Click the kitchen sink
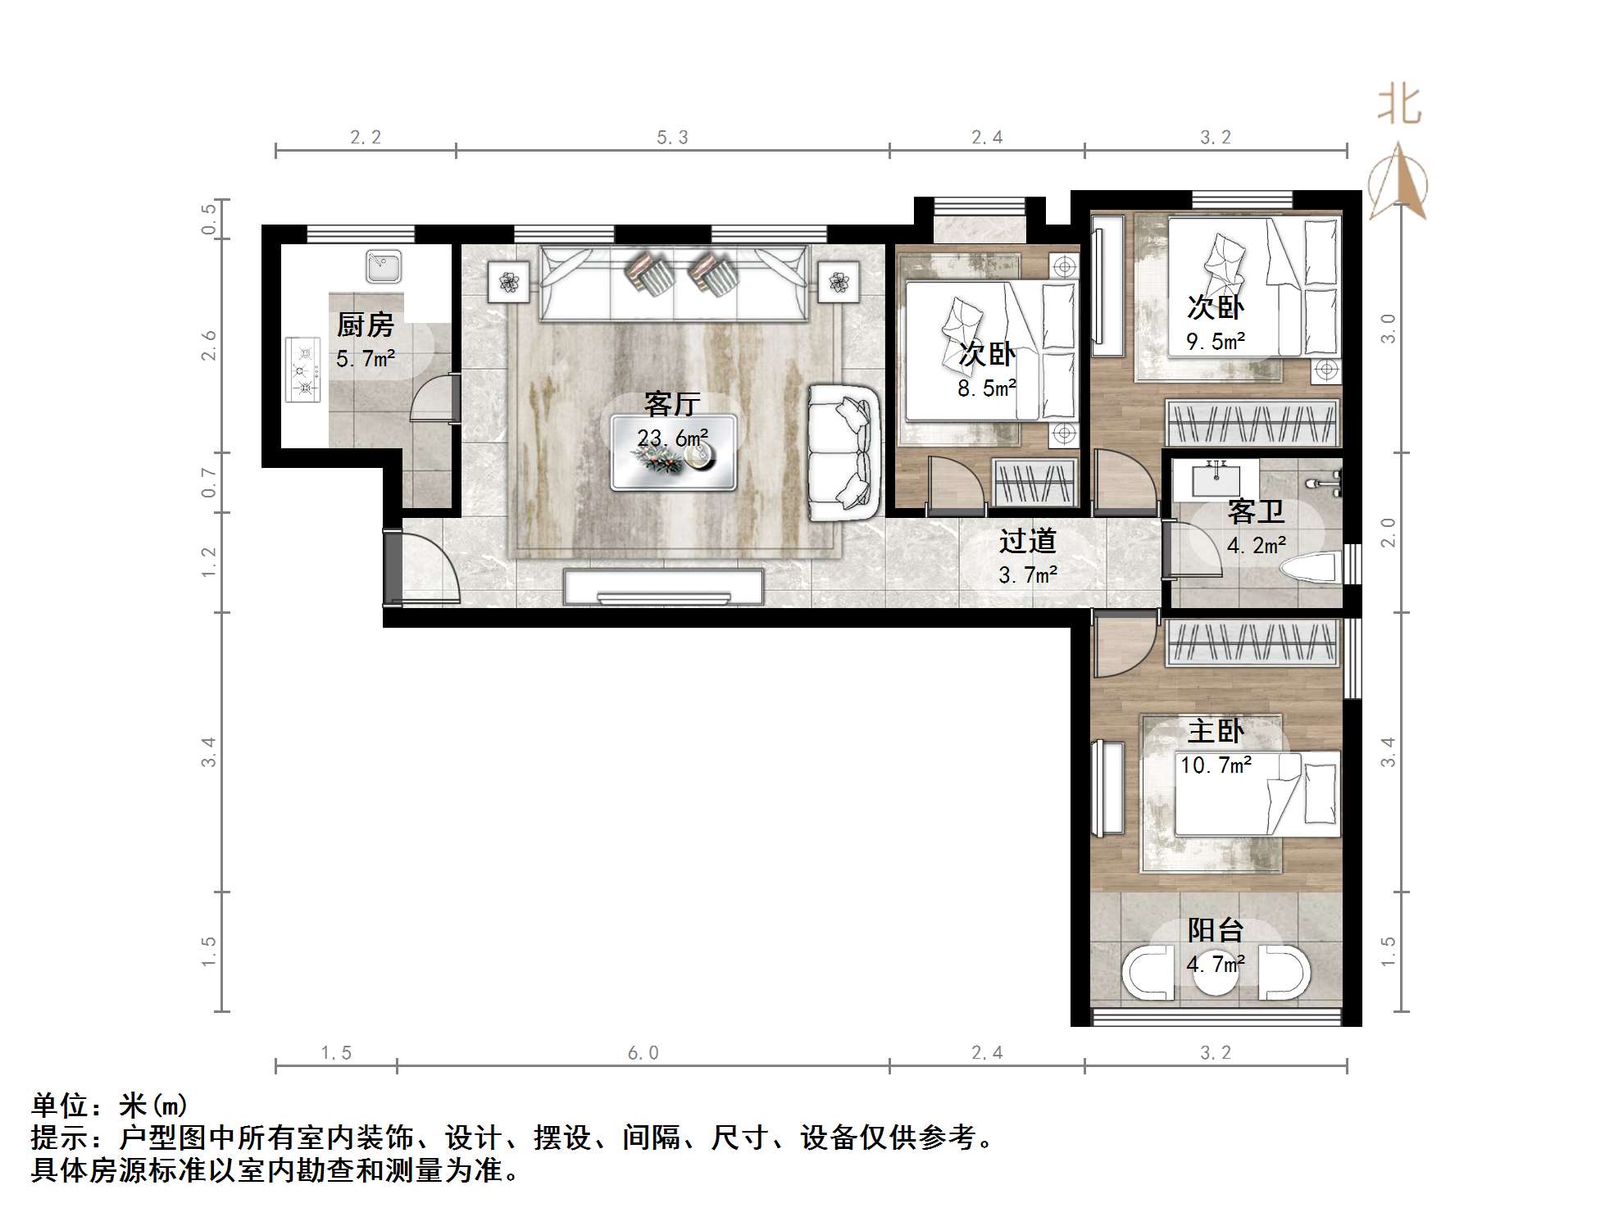(383, 266)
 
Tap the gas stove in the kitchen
(302, 370)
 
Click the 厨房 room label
(365, 325)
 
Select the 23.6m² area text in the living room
(672, 438)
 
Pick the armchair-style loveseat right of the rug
(843, 453)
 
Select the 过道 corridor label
(1027, 542)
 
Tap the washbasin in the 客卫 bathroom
(1216, 479)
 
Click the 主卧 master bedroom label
(1216, 731)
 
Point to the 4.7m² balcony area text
(1216, 964)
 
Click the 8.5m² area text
(987, 388)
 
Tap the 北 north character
(1399, 107)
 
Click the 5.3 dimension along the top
(672, 138)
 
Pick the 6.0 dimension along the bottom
(643, 1052)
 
